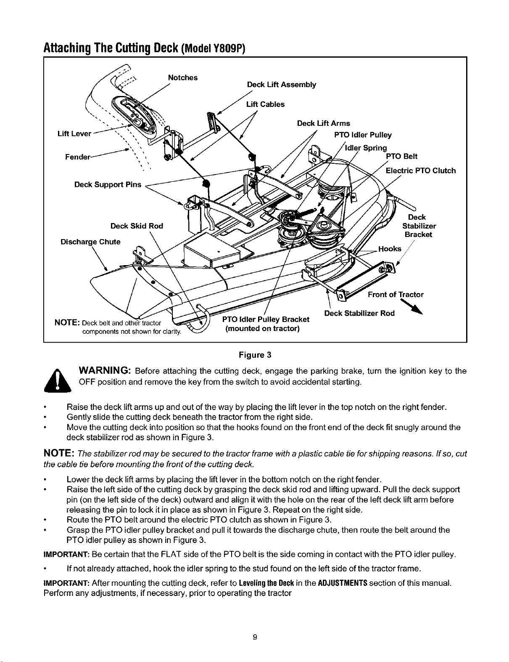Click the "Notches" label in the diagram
click(x=182, y=78)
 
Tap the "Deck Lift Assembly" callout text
click(x=282, y=85)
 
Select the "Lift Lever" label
click(x=74, y=134)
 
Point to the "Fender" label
click(x=78, y=157)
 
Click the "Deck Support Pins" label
click(x=108, y=185)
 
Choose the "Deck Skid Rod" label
click(x=137, y=226)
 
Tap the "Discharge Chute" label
click(x=90, y=242)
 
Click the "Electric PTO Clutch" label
click(x=421, y=170)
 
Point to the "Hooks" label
click(x=390, y=249)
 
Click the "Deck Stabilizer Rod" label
click(x=359, y=313)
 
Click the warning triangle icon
click(x=58, y=380)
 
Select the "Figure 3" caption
click(x=255, y=355)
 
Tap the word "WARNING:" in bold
click(x=105, y=371)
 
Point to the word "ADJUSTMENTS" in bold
click(x=343, y=583)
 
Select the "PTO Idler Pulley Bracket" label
click(x=266, y=319)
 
